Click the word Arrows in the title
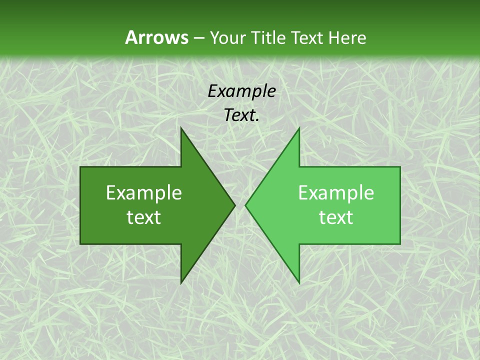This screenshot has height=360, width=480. pos(156,37)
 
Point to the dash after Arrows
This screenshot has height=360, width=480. pos(198,38)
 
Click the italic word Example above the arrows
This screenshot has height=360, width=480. pos(241,91)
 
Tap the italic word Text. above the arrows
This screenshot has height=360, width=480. pos(241,115)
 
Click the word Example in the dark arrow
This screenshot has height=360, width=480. pos(144,192)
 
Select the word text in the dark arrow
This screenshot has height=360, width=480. pos(144,217)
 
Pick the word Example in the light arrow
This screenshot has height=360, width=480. pos(336,192)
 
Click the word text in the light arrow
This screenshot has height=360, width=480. pos(336,217)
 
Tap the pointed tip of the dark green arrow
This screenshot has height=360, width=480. pos(235,205)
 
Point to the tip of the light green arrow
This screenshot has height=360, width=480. pos(245,205)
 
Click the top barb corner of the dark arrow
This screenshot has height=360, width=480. pos(181,128)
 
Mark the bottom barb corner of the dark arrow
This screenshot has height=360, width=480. pos(181,283)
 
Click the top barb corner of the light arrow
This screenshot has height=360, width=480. pos(299,128)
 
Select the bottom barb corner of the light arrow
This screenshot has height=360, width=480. pos(299,283)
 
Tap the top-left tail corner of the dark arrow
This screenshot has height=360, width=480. pos(80,167)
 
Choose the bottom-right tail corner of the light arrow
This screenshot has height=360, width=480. pos(400,243)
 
